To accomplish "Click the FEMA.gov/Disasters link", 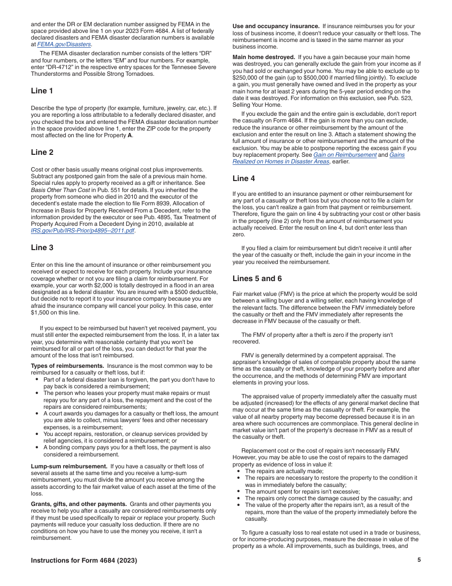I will click(64, 44).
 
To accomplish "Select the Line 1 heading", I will click(42, 91).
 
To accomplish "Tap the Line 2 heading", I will click(42, 152).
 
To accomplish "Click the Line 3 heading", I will click(42, 247).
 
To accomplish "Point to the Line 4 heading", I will click(244, 178).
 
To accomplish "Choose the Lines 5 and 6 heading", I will click(257, 278).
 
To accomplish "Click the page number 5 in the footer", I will click(419, 560).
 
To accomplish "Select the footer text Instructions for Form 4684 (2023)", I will click(84, 560).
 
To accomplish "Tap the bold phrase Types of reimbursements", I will click(67, 366).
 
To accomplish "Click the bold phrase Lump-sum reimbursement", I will click(69, 466).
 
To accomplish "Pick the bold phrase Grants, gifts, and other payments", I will click(79, 504).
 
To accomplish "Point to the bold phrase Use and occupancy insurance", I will click(276, 26).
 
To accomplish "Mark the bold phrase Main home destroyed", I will click(264, 57).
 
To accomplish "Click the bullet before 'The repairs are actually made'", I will click(238, 471).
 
